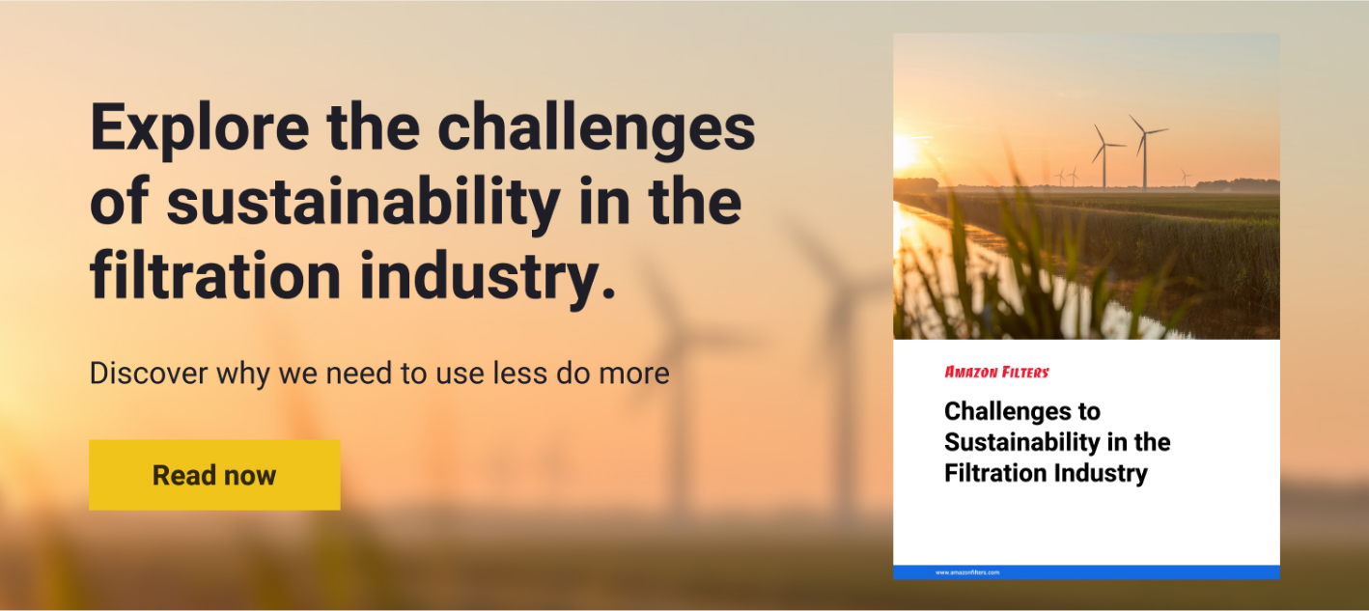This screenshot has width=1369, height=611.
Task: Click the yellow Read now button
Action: click(x=214, y=475)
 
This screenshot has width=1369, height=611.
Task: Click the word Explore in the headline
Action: click(x=200, y=128)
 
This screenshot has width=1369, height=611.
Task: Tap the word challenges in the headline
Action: click(x=597, y=127)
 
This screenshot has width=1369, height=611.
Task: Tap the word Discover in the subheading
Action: click(x=149, y=373)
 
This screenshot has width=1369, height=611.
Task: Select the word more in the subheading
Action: click(x=633, y=374)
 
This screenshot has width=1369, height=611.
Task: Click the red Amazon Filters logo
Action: click(x=996, y=372)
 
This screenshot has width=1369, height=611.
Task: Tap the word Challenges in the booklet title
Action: click(x=1009, y=411)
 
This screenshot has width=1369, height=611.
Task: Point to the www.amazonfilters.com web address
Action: click(x=967, y=572)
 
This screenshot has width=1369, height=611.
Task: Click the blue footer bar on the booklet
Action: click(x=1086, y=572)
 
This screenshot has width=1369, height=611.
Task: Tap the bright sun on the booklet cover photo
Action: click(x=904, y=153)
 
